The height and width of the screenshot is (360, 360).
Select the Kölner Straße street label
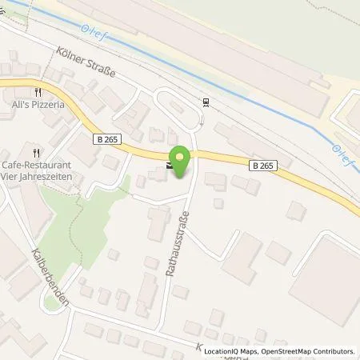pyautogui.click(x=86, y=61)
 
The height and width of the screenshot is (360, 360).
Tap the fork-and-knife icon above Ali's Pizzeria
pyautogui.click(x=37, y=93)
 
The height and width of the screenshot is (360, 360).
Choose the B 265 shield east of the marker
pyautogui.click(x=262, y=166)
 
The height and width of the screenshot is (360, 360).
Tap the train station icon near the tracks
pyautogui.click(x=206, y=102)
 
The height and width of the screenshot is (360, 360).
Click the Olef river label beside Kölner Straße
pyautogui.click(x=87, y=31)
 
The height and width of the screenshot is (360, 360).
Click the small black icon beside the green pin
pyautogui.click(x=168, y=166)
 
